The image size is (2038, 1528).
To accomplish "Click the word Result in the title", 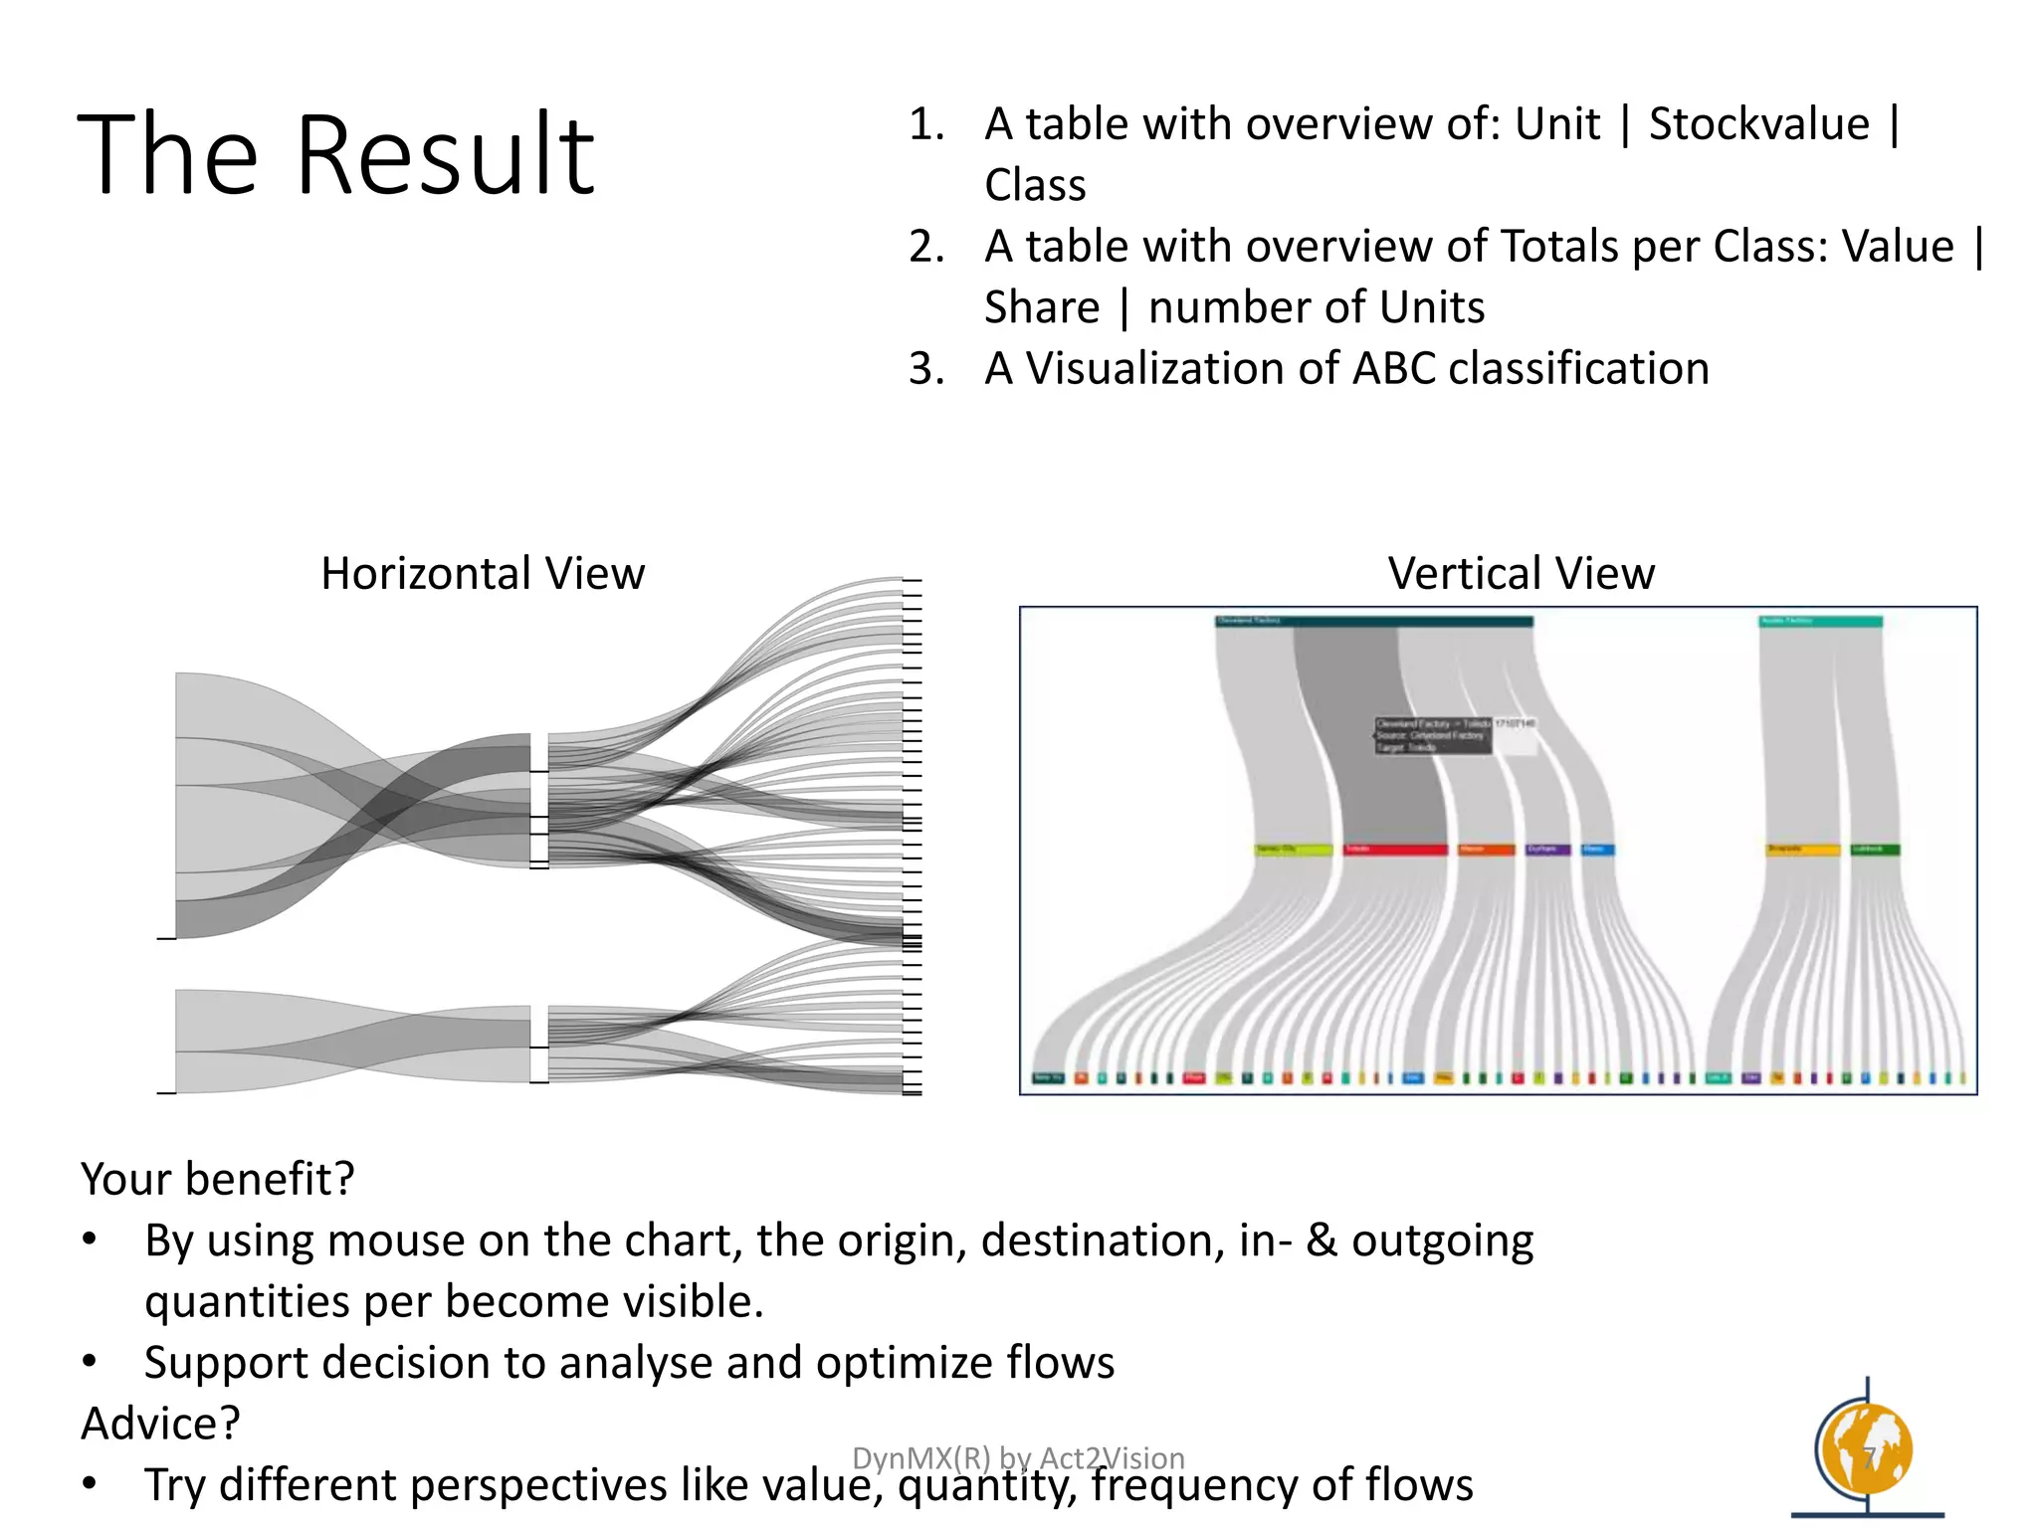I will click(x=445, y=156).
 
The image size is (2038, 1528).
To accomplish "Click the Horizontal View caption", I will click(x=483, y=574).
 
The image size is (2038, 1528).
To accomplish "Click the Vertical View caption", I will click(x=1521, y=574).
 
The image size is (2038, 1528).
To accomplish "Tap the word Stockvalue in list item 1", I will click(x=1758, y=125).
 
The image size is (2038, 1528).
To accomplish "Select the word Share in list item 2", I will click(x=1041, y=307).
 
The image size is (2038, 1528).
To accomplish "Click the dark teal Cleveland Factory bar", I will click(x=1373, y=622).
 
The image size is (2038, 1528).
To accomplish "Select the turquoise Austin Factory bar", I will click(x=1820, y=622).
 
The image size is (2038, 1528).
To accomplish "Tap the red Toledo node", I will click(x=1395, y=850).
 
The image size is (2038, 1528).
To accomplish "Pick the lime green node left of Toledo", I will click(x=1293, y=850).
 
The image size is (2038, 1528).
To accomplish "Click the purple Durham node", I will click(x=1547, y=850).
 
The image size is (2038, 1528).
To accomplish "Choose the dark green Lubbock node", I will click(x=1875, y=850).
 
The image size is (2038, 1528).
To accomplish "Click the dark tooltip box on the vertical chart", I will click(x=1433, y=735).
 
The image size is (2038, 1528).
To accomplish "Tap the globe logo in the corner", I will click(x=1865, y=1450).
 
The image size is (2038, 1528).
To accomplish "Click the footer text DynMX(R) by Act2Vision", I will click(x=1018, y=1457).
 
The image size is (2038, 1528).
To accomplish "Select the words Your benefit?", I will click(x=217, y=1180).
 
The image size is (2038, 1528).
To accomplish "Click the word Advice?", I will click(x=160, y=1424).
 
